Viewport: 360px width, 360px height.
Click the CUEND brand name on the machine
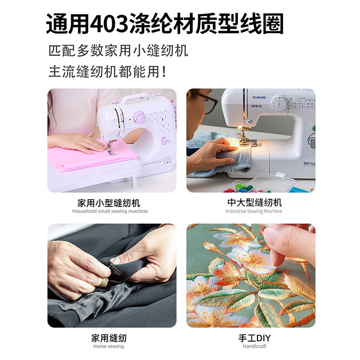[260, 98]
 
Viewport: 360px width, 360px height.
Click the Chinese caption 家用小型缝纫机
[110, 202]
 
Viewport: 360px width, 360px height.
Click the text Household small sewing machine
[110, 211]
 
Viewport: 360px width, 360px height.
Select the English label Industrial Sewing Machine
[254, 211]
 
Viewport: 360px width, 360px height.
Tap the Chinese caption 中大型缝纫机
[254, 202]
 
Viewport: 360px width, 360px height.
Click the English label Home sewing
[108, 346]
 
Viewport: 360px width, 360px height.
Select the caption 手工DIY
[255, 337]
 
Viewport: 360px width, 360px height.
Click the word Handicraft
[255, 346]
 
